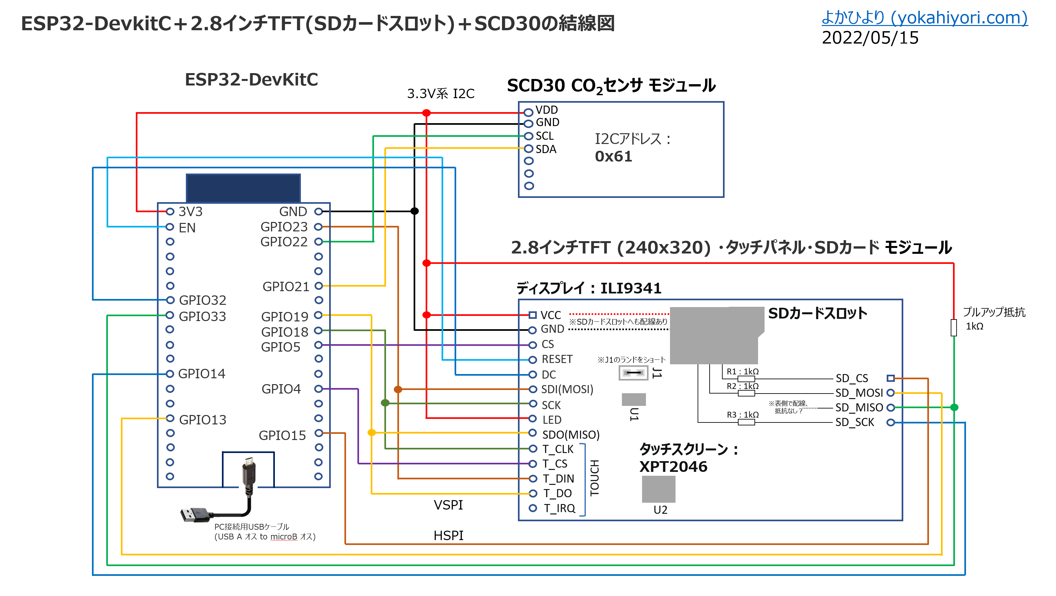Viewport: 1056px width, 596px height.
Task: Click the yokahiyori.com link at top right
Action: click(x=924, y=18)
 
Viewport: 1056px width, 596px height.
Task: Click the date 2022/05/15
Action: click(x=869, y=38)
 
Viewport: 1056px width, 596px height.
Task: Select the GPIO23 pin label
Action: click(x=284, y=227)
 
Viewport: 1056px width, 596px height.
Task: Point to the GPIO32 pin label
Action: click(x=202, y=300)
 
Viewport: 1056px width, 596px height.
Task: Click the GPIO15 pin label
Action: click(x=282, y=435)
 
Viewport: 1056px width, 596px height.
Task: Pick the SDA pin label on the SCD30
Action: click(x=546, y=149)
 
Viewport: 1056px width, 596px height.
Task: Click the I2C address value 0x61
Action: click(x=613, y=157)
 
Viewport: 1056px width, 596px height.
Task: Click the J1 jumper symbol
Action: click(x=633, y=373)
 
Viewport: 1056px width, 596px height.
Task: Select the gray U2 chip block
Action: click(x=658, y=489)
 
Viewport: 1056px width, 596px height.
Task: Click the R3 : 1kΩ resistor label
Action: click(x=742, y=414)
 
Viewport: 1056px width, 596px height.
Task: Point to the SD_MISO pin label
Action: click(x=859, y=408)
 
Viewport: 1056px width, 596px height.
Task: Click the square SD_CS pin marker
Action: click(x=890, y=378)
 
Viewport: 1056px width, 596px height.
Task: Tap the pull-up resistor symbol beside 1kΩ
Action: click(x=954, y=328)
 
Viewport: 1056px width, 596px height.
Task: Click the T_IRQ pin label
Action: click(x=559, y=508)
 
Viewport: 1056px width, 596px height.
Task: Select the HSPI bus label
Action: click(x=448, y=535)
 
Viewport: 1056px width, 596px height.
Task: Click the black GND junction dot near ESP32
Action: click(x=415, y=211)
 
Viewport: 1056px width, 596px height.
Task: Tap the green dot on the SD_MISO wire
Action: click(x=954, y=407)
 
